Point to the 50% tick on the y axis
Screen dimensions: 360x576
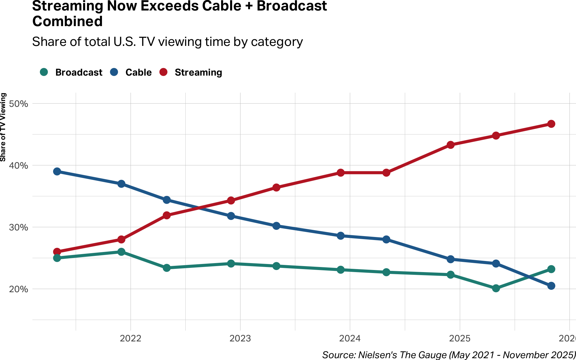coord(19,104)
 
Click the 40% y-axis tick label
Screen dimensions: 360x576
coord(19,166)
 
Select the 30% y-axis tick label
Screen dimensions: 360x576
coord(19,227)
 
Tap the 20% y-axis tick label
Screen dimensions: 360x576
coord(19,289)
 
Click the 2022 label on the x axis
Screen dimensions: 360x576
coord(130,338)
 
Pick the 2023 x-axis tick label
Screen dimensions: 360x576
coord(240,338)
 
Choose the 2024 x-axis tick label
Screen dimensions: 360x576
coord(350,338)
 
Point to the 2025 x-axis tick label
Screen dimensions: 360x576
coord(460,338)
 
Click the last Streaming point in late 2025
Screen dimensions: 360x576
coord(551,124)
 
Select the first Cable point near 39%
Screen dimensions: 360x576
coord(57,172)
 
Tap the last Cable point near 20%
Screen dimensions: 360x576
coord(551,286)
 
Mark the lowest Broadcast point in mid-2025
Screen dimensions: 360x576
coord(496,288)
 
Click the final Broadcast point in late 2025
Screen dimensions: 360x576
coord(551,269)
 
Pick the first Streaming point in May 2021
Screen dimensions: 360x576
coord(57,252)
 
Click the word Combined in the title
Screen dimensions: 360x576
coord(67,22)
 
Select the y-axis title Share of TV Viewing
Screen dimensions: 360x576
coord(3,127)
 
